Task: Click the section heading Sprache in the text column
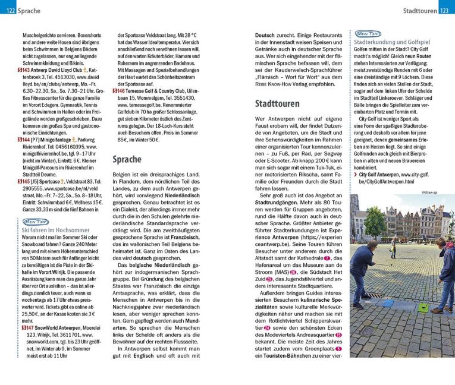(127, 160)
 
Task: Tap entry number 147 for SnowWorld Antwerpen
(27, 327)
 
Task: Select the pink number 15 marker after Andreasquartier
(338, 335)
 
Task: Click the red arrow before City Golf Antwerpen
(356, 175)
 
